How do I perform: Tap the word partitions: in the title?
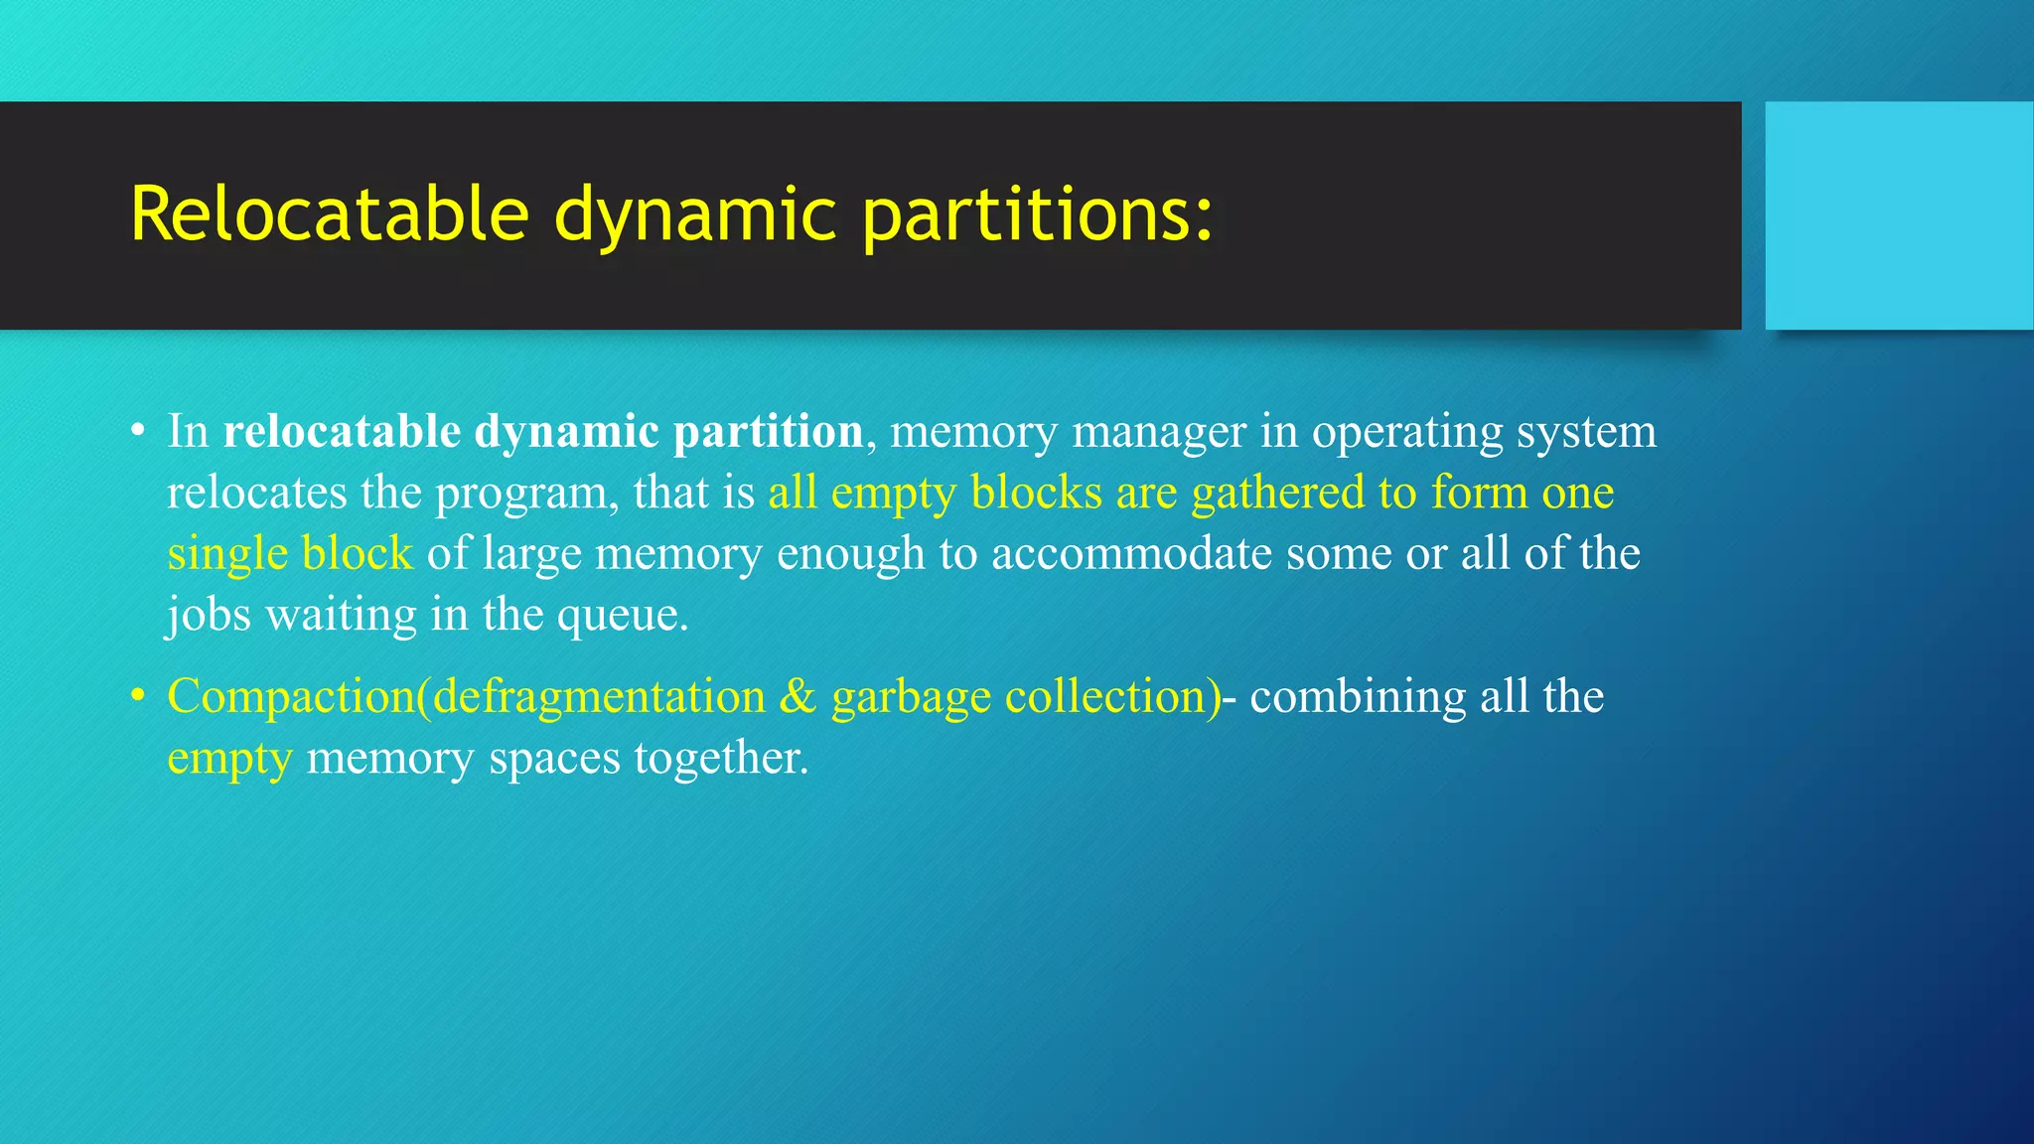tap(1037, 215)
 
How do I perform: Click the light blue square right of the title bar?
tap(1899, 215)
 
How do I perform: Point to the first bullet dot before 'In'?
tap(138, 432)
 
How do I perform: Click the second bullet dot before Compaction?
tap(138, 696)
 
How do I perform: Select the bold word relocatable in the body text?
tap(342, 432)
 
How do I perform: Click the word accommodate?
tap(1131, 554)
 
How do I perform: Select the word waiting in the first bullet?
tap(341, 616)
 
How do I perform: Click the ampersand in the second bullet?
tap(798, 696)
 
